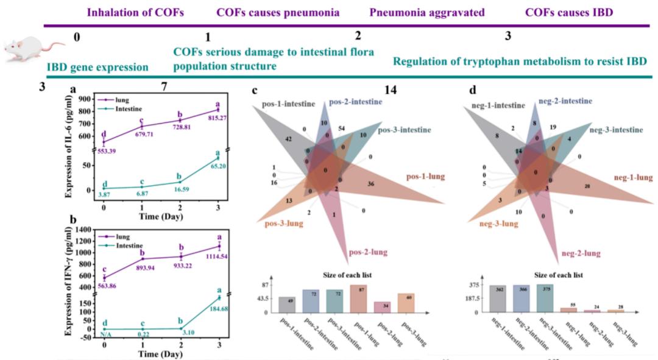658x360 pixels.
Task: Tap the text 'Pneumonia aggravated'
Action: tap(426, 12)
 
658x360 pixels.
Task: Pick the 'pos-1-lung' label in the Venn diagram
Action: tap(426, 177)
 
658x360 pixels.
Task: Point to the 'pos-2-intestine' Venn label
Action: tap(356, 101)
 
